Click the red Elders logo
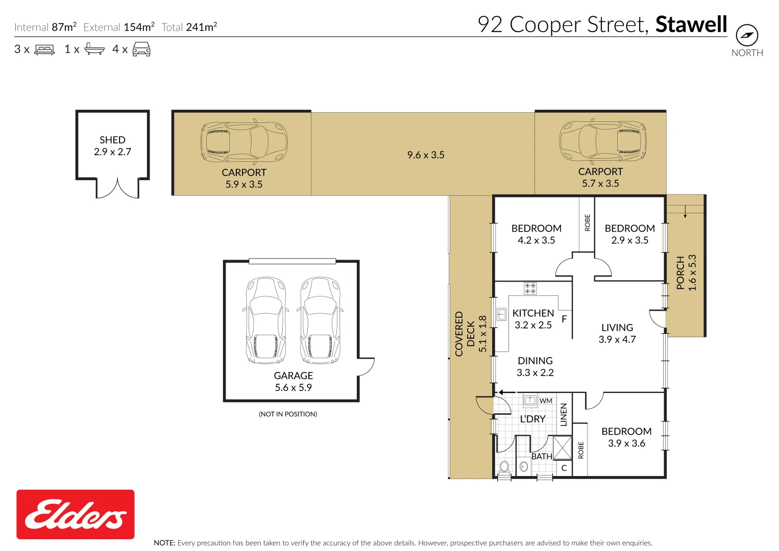pos(76,514)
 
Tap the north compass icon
pos(747,35)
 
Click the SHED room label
pos(112,140)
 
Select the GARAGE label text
pos(293,375)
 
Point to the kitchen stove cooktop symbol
pos(530,288)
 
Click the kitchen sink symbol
pos(501,315)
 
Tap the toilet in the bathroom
pos(504,467)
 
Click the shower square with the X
pos(562,448)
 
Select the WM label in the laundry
pos(546,401)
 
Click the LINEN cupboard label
pos(564,414)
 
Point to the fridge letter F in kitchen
pos(564,319)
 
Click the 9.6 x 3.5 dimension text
pos(426,155)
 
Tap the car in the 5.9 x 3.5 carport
pos(244,142)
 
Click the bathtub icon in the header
pos(94,48)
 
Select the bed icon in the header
pos(44,49)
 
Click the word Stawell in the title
pos(691,24)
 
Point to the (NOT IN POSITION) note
pos(287,414)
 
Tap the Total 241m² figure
pos(189,27)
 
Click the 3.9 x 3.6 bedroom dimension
pos(626,443)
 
